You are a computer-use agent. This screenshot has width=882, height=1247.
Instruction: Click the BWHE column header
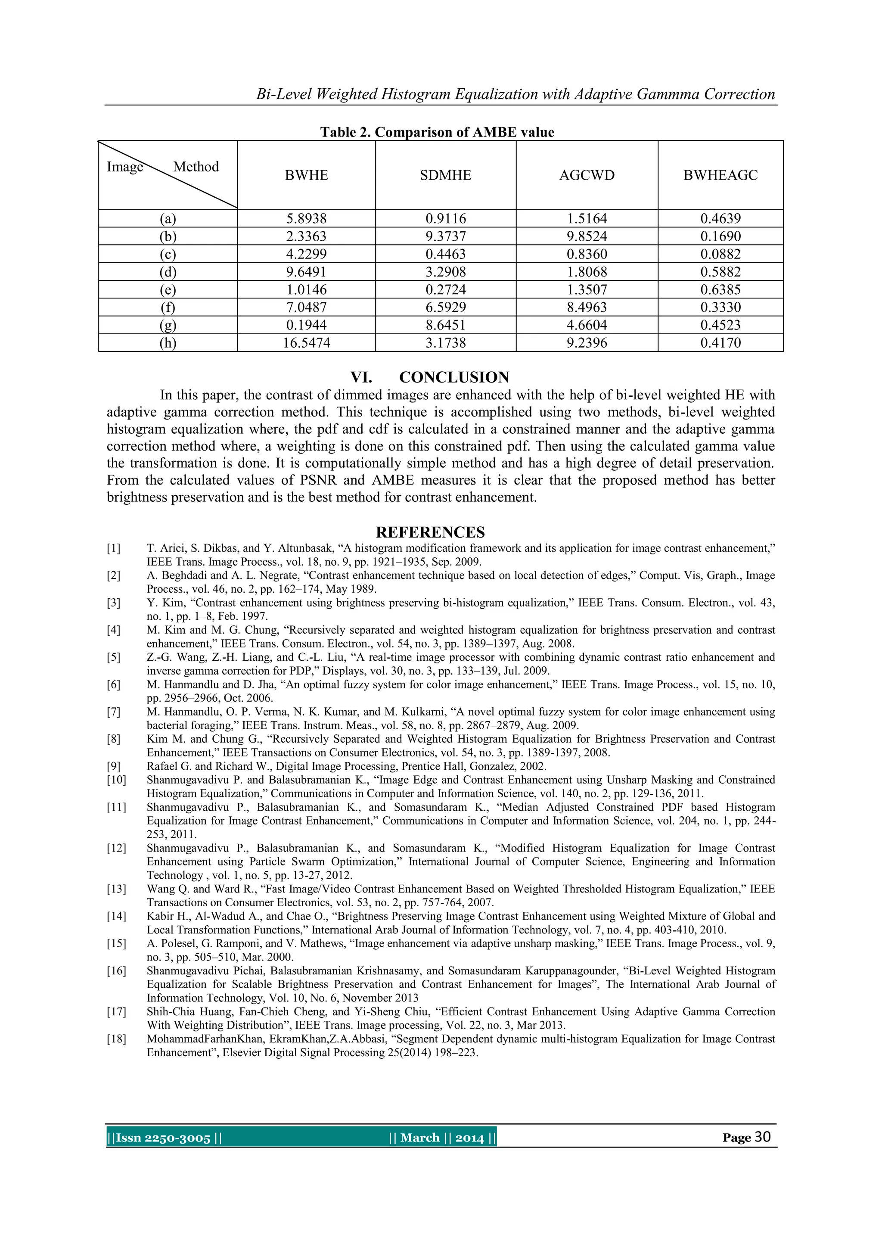coord(306,175)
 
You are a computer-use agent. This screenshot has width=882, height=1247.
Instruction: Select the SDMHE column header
coord(445,175)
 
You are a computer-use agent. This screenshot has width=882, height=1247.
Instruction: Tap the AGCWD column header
coord(587,175)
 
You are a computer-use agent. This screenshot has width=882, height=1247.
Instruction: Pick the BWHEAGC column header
coord(720,175)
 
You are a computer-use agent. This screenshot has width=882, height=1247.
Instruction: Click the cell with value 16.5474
coord(306,343)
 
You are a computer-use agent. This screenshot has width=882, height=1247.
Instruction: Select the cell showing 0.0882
coord(720,254)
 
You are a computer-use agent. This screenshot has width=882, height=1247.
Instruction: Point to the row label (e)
coord(168,289)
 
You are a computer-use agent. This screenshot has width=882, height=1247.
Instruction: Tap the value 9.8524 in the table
coord(587,236)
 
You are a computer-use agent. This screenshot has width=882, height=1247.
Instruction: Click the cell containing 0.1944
coord(306,325)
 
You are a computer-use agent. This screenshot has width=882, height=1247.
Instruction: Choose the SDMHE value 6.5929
coord(445,308)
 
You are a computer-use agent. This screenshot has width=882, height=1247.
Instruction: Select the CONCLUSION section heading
coord(454,377)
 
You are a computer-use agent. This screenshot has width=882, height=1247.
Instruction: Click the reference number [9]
coord(114,766)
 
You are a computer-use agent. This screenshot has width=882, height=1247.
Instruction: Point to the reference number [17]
coord(116,1011)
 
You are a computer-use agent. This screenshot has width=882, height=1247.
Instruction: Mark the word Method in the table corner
coord(196,167)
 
